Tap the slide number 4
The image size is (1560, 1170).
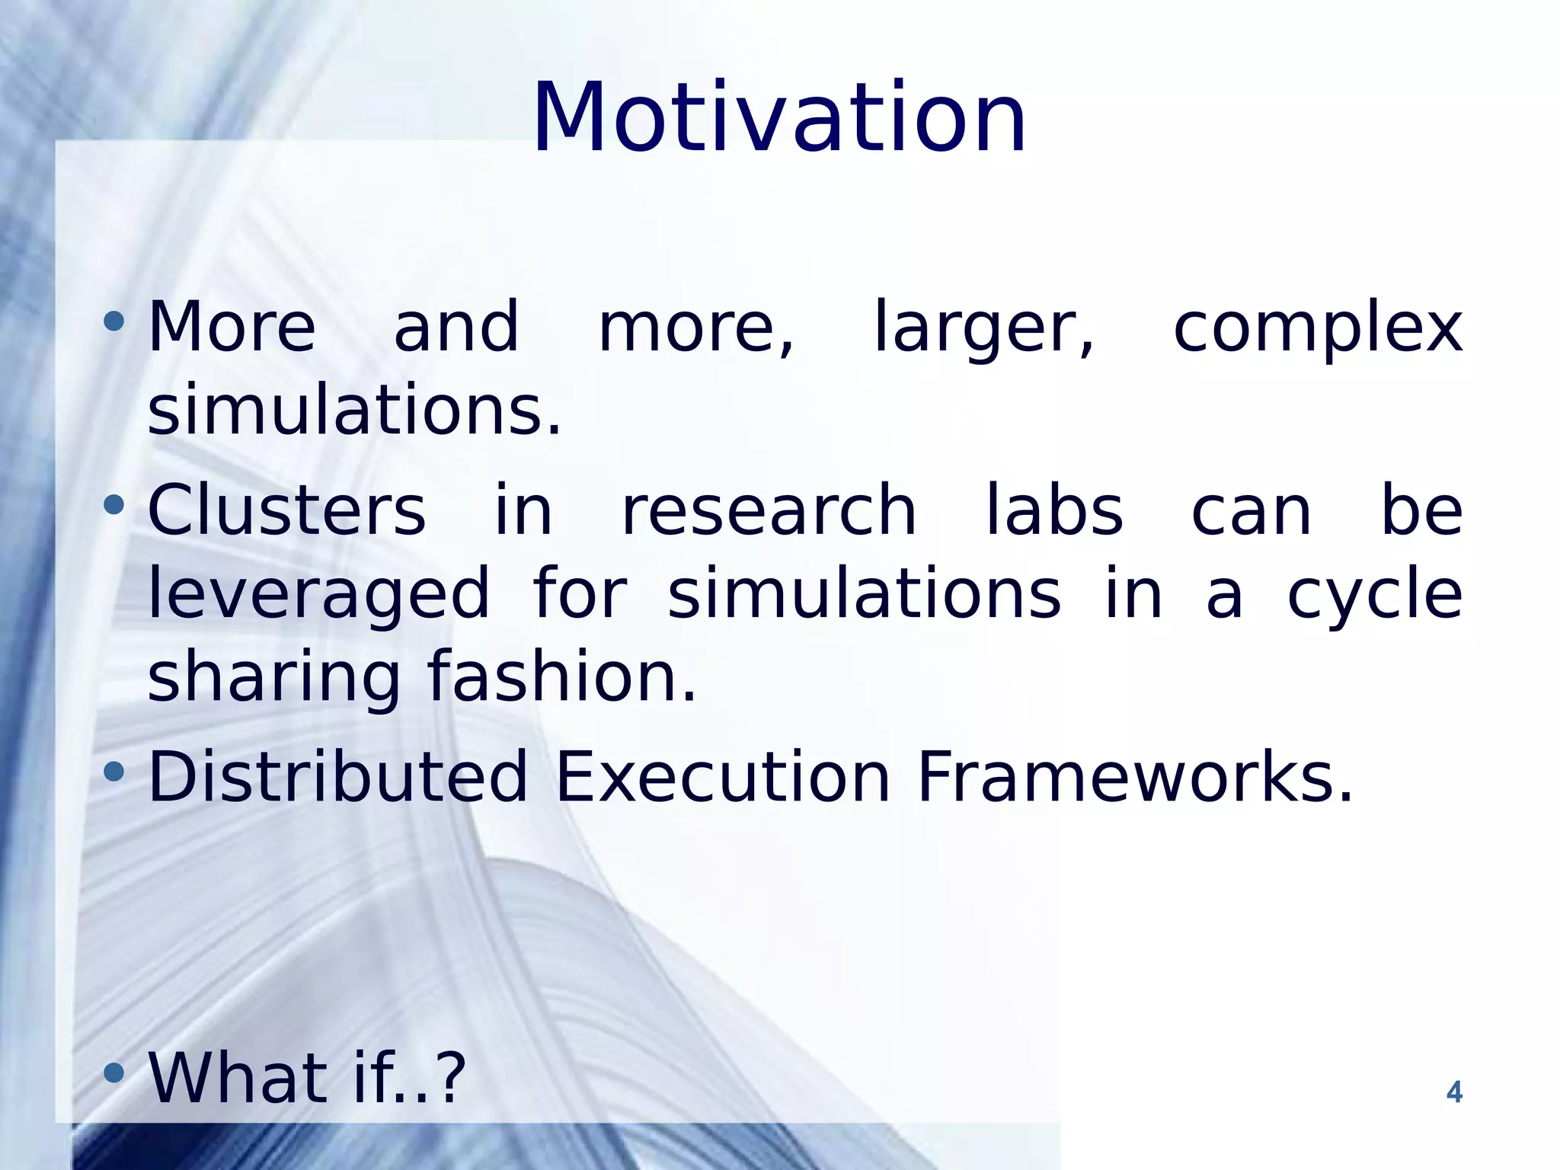[1453, 1092]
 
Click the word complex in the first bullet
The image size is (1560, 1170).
[1317, 328]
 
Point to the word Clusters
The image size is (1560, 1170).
[286, 510]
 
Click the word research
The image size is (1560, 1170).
[769, 510]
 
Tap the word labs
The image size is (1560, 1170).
[1054, 510]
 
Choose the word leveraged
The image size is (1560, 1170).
[318, 595]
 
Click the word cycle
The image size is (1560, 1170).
[1374, 595]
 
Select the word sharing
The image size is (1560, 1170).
[273, 678]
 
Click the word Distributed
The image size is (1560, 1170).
[337, 777]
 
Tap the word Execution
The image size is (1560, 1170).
[722, 777]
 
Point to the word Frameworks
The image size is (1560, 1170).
[1133, 777]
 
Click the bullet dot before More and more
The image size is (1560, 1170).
[113, 321]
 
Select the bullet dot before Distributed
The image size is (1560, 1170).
[113, 772]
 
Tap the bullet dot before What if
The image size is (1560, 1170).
[113, 1073]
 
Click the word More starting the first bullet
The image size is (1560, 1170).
[231, 328]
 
